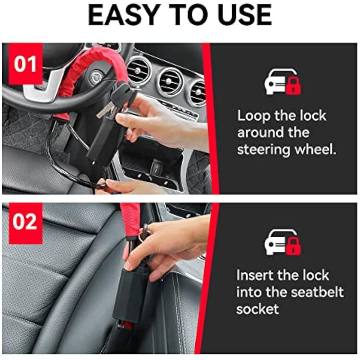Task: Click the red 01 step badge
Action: click(26, 64)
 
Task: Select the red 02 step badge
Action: click(26, 223)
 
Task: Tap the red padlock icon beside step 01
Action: click(293, 85)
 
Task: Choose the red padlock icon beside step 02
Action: click(293, 246)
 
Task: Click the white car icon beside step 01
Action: click(276, 82)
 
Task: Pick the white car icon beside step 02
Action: click(276, 242)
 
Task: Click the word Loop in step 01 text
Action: click(254, 116)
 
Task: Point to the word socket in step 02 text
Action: click(257, 309)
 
